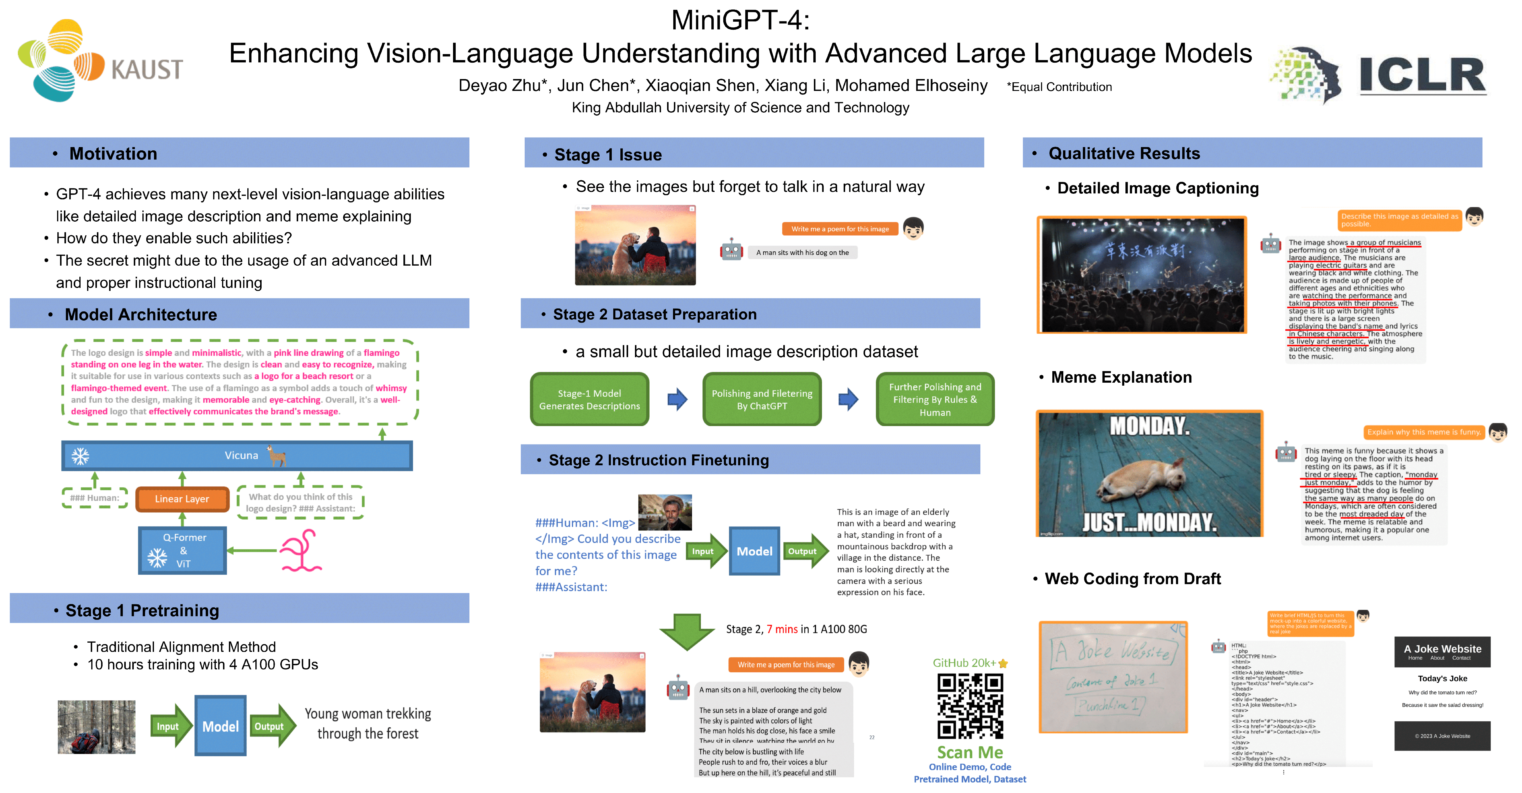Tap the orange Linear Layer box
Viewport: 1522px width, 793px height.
point(182,499)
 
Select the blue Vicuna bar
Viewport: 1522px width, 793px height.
point(236,455)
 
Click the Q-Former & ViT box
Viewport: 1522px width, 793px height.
point(183,550)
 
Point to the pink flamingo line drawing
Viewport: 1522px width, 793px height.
point(301,551)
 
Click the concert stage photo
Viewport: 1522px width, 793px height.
point(1141,275)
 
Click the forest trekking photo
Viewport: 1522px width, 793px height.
point(96,727)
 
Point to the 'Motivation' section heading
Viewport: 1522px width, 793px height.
point(113,154)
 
